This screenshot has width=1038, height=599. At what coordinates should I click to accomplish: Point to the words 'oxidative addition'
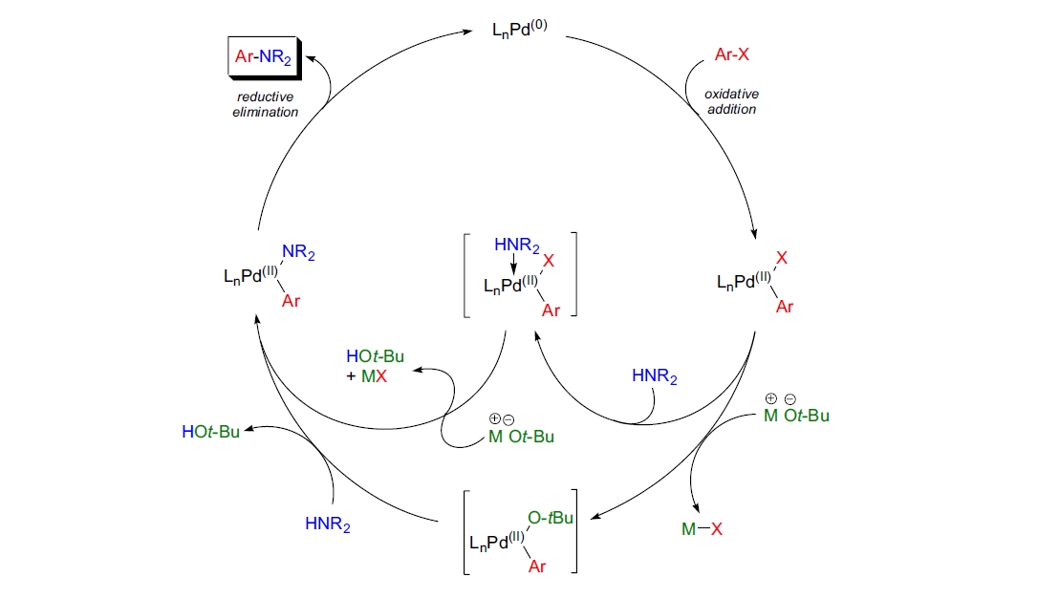coord(730,101)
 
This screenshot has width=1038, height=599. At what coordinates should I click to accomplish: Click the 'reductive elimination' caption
coord(267,104)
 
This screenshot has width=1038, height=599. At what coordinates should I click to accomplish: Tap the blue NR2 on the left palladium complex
coord(297,254)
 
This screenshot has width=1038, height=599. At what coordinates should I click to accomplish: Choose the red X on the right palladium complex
coord(782,257)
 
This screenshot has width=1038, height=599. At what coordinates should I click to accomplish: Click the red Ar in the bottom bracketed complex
coord(539,566)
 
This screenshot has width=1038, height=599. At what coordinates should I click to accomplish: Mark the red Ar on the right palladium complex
coord(784,307)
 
